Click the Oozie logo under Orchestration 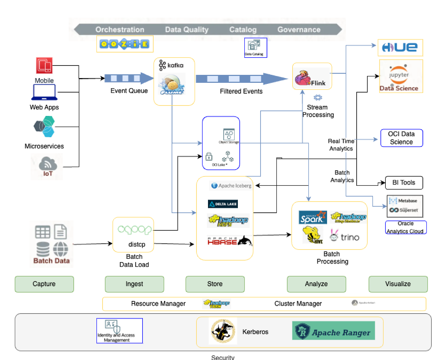click(x=125, y=44)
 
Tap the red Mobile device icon click(x=44, y=66)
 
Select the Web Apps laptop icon click(x=44, y=92)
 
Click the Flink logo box click(x=312, y=77)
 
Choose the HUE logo click(x=400, y=48)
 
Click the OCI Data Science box click(x=401, y=138)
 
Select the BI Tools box click(x=404, y=183)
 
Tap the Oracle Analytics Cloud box click(x=406, y=228)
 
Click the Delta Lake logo click(x=223, y=204)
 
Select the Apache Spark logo click(x=313, y=218)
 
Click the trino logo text click(x=350, y=237)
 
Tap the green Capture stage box click(x=44, y=284)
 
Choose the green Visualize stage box click(x=398, y=284)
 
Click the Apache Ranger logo click(x=334, y=331)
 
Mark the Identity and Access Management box click(x=119, y=331)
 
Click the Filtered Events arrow click(x=241, y=79)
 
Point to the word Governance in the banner click(x=299, y=30)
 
